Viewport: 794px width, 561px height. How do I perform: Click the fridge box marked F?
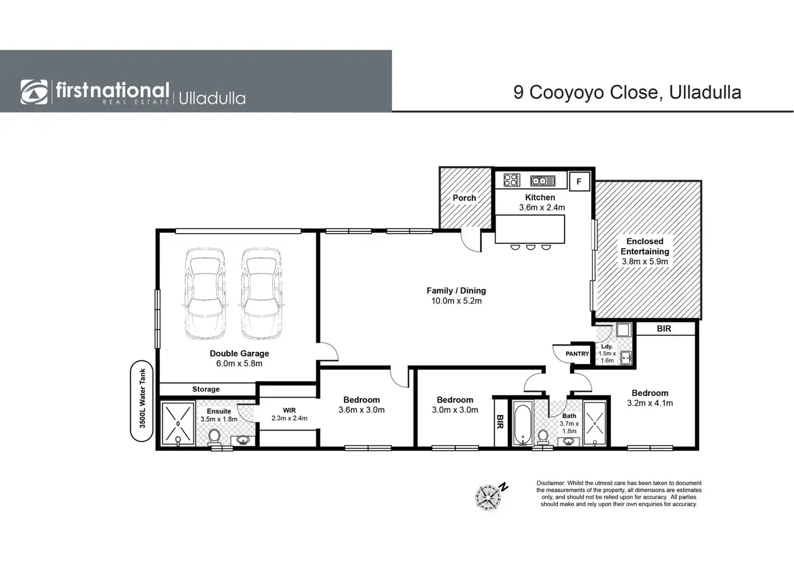point(579,181)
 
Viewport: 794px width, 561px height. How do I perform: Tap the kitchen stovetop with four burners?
point(512,180)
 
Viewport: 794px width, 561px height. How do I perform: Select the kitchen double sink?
point(543,181)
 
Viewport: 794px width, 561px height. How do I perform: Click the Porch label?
point(464,198)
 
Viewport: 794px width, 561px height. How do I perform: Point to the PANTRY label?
point(577,354)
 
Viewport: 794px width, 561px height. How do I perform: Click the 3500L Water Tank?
point(142,401)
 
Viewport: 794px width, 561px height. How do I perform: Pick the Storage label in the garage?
point(206,389)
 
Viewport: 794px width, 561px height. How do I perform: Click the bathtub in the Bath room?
point(523,424)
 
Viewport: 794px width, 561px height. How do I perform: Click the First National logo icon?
point(33,92)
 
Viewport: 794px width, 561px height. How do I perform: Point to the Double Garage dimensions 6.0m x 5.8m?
point(239,364)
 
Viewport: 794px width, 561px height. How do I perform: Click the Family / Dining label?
point(456,291)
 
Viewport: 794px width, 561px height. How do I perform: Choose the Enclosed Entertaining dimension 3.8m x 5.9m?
point(645,262)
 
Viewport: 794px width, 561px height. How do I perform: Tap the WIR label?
point(289,411)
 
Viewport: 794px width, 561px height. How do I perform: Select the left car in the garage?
point(205,294)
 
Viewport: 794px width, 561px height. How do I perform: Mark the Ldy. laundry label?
point(607,347)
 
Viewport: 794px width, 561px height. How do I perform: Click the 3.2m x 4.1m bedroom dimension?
point(650,403)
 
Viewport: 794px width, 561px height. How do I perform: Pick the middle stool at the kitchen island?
point(531,247)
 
